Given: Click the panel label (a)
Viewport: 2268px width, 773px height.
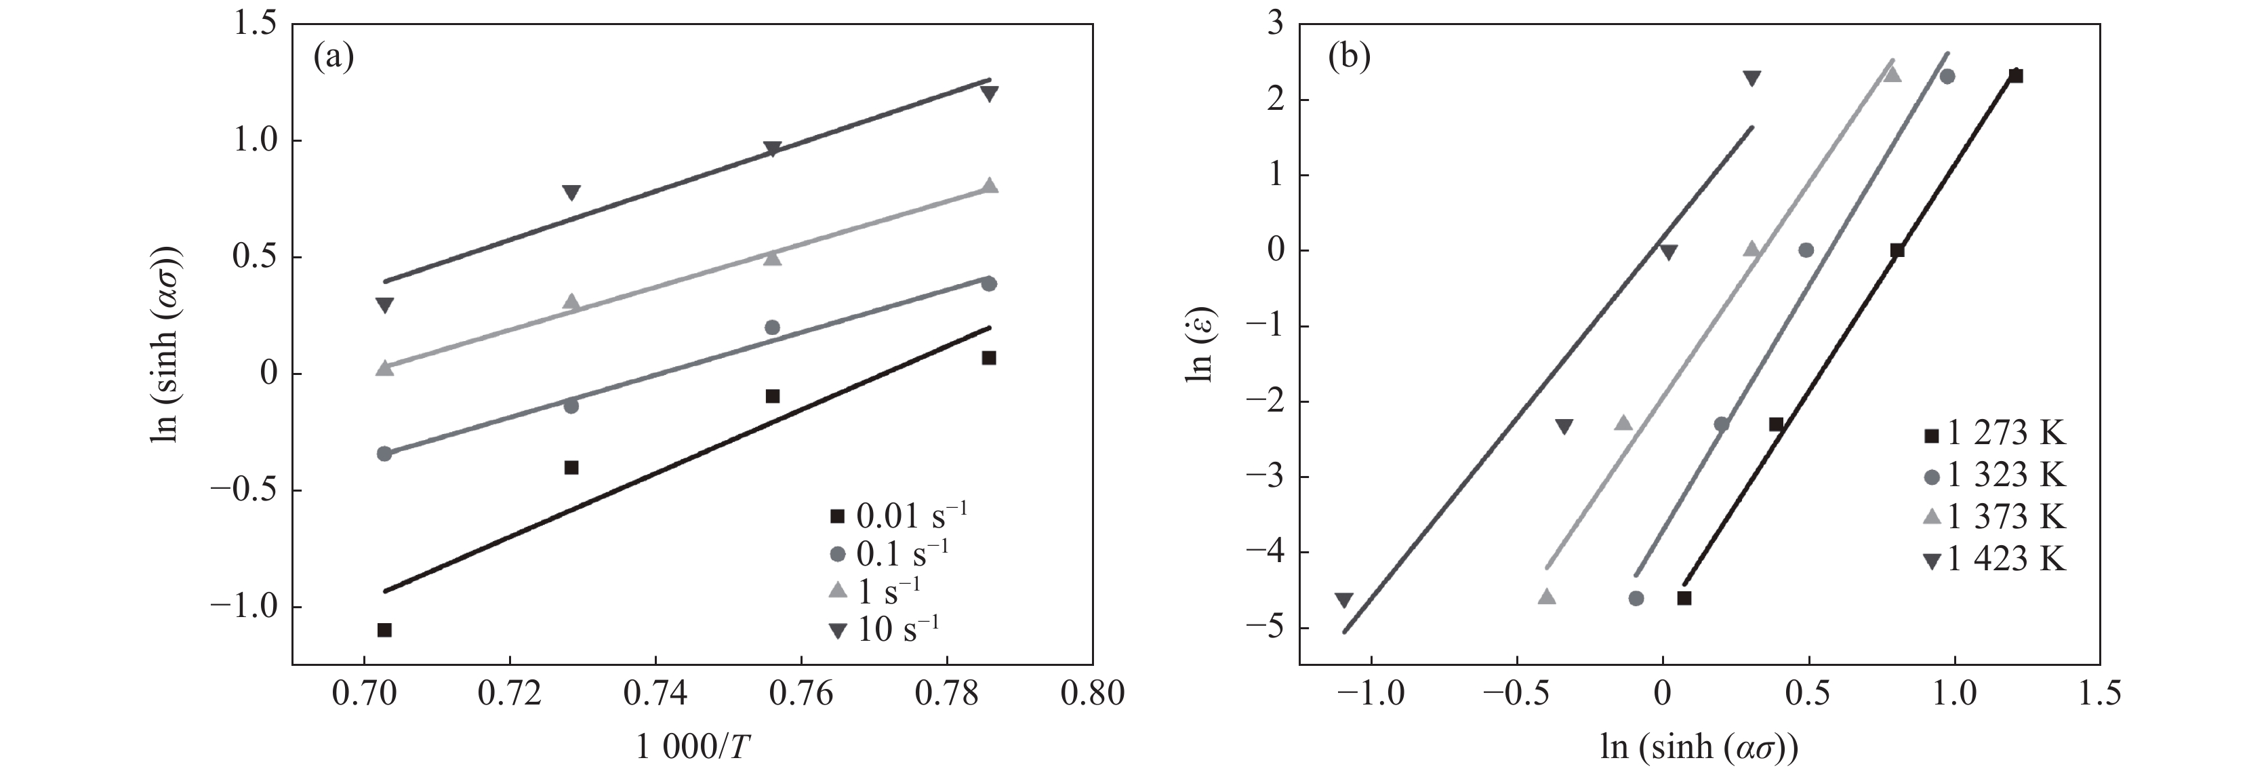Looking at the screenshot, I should click(333, 58).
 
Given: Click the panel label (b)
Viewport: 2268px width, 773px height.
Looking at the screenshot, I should click(1349, 58).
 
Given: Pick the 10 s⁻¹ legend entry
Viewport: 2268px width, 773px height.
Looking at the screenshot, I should click(885, 629).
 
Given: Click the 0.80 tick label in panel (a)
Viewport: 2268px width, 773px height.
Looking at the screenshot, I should click(1093, 694).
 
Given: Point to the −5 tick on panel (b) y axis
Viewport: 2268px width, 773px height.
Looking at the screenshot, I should click(1264, 628).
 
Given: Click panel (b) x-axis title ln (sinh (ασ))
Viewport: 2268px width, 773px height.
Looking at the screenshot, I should click(1699, 747).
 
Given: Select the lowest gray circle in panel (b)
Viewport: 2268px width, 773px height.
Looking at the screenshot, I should click(1636, 599).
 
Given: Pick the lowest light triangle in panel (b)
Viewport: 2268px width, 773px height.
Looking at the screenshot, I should click(1547, 597).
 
